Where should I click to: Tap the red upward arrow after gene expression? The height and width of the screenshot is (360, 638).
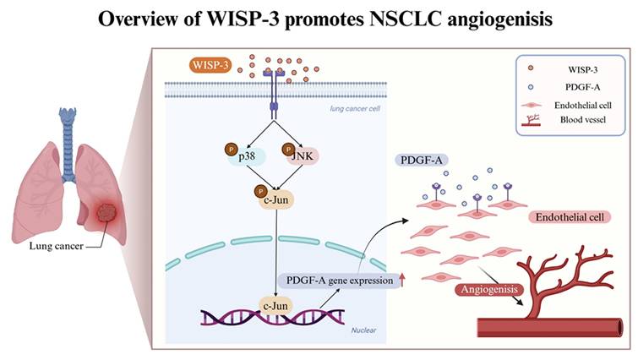tap(402, 281)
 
